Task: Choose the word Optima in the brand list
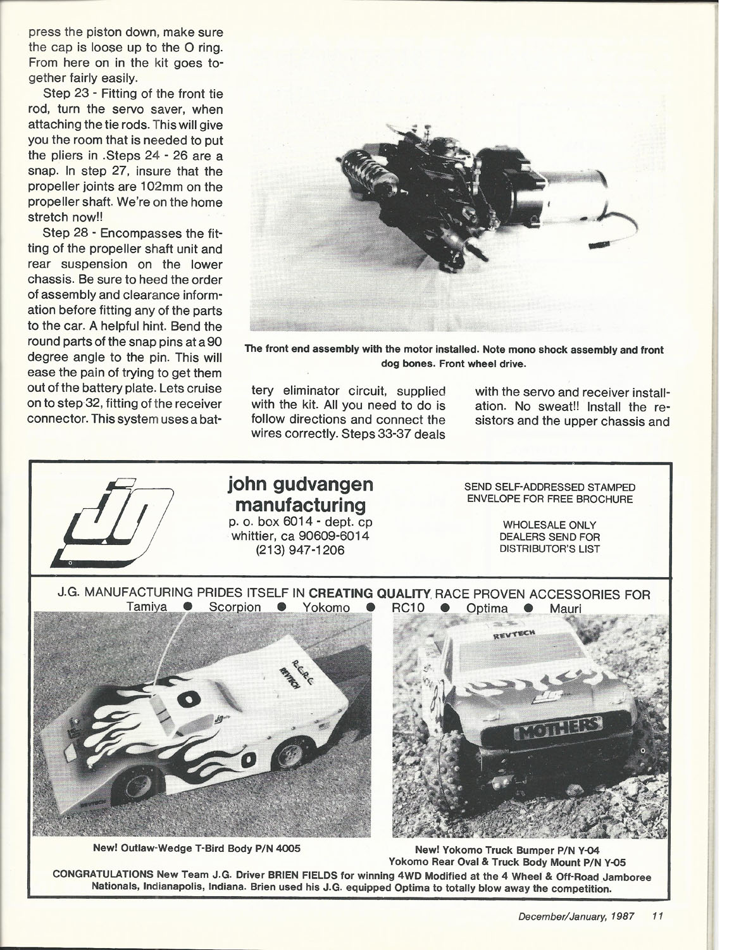coord(487,608)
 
